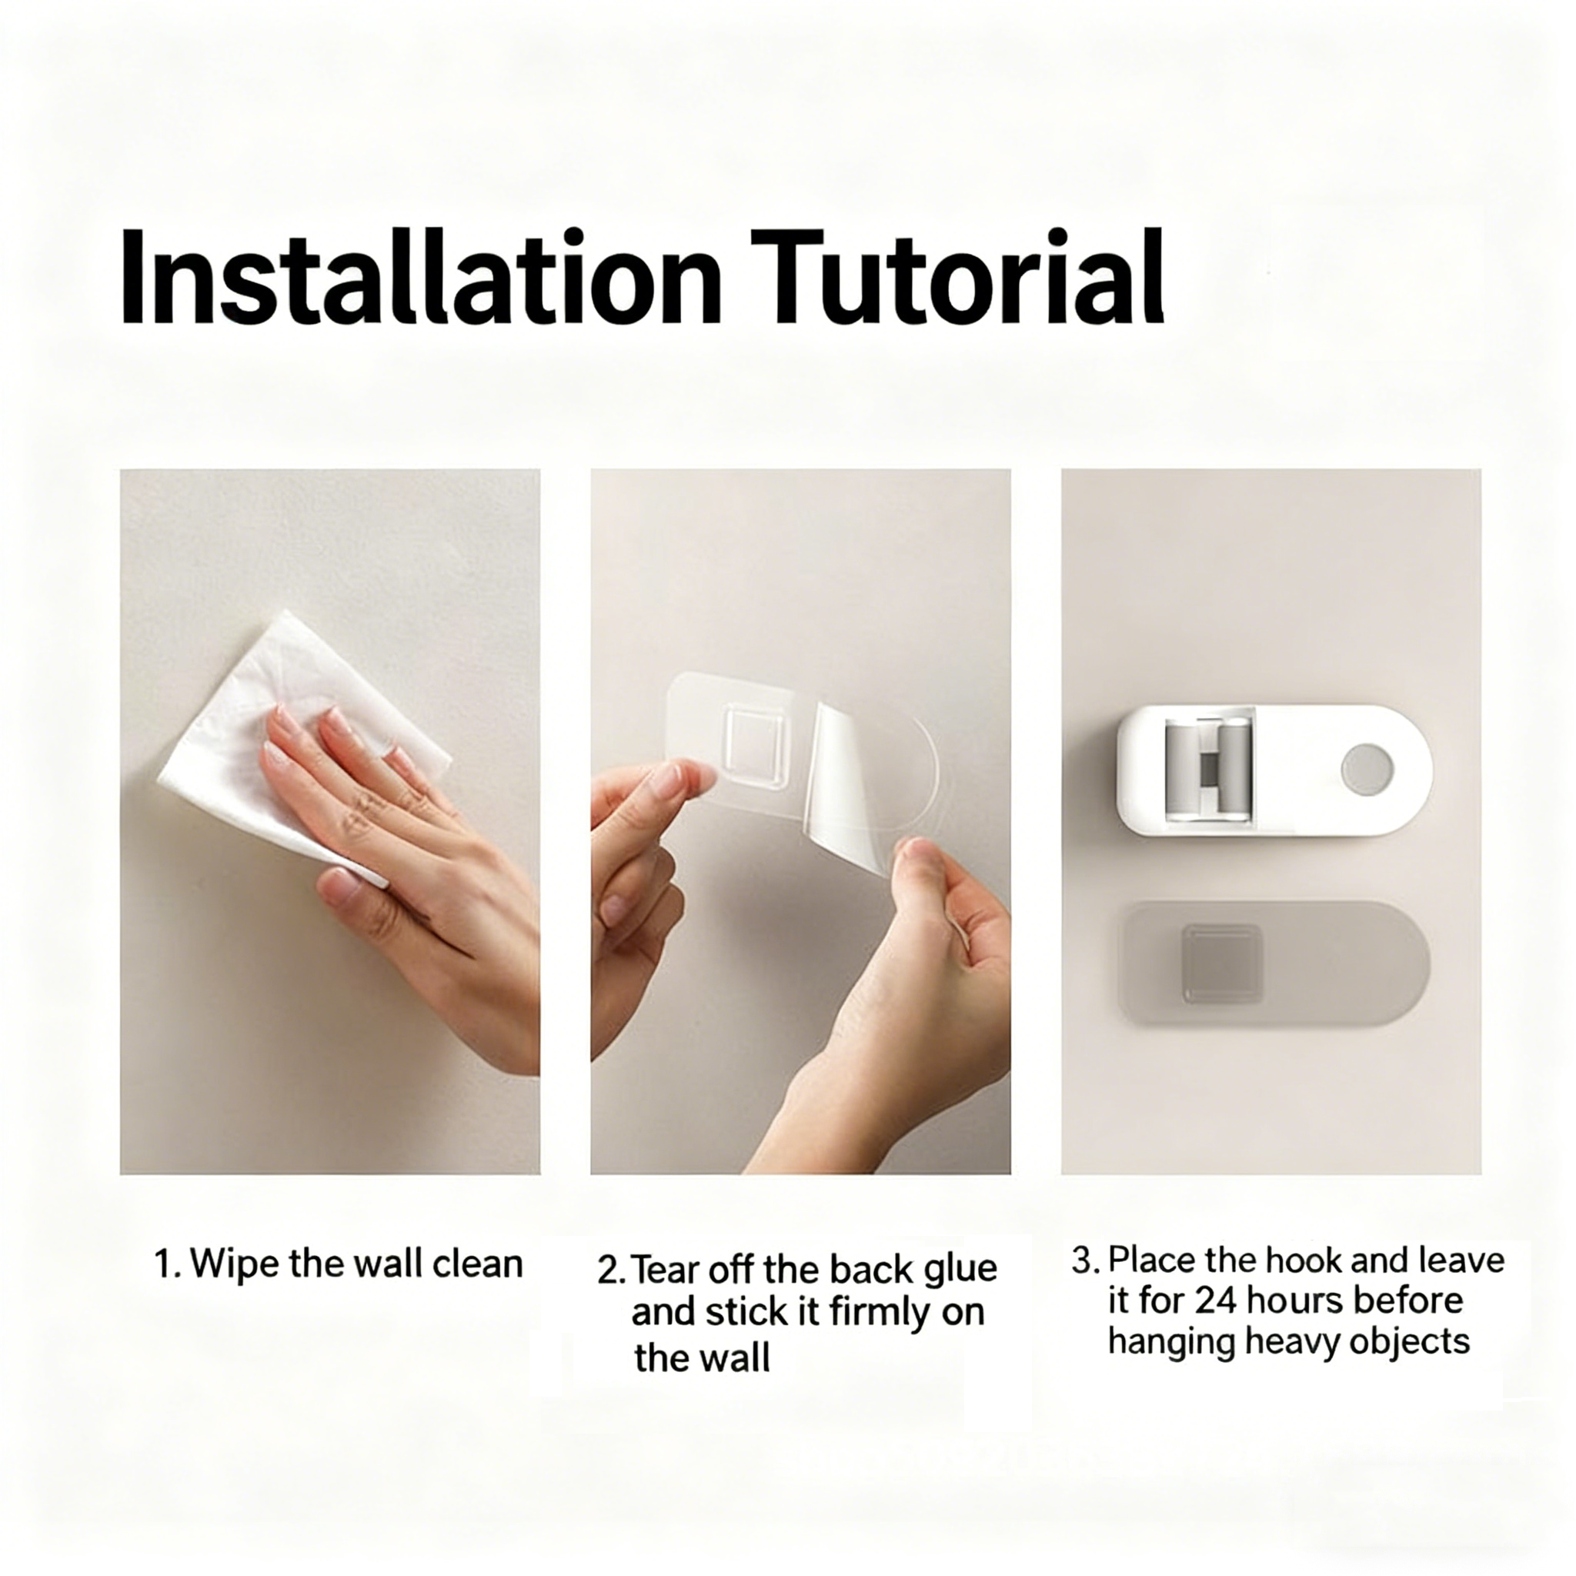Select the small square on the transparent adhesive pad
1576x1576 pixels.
(x=757, y=745)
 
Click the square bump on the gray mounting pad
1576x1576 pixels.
(x=1222, y=964)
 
